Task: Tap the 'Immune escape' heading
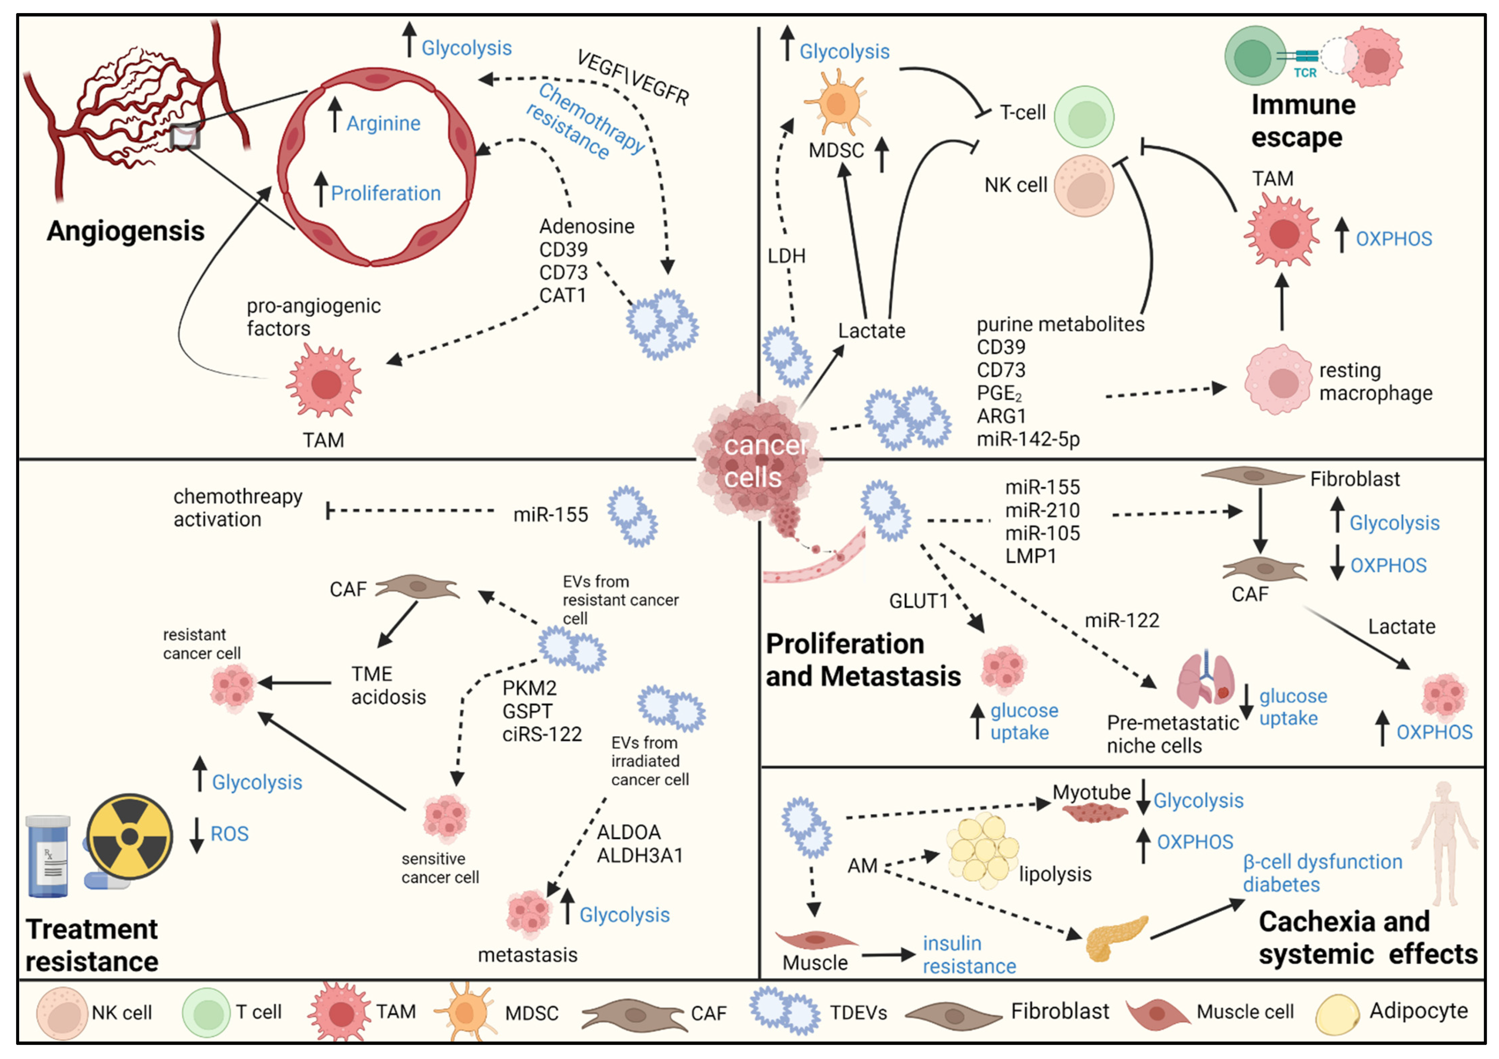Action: (1303, 121)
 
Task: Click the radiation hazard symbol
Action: (130, 837)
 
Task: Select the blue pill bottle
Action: (48, 856)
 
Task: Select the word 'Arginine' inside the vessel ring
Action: (383, 123)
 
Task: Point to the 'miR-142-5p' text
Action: (1028, 439)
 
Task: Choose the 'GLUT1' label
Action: (918, 601)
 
